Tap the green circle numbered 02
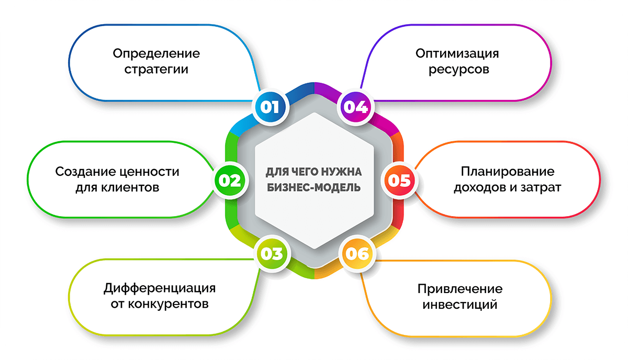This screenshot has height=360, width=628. (229, 180)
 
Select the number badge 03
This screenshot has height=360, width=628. (271, 254)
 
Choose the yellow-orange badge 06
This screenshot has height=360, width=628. (357, 254)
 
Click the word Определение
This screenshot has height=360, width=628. (156, 54)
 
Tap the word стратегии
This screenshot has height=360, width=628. (156, 69)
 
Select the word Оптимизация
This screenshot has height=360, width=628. (457, 53)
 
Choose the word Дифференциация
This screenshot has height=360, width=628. (160, 289)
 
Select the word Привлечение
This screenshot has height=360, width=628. (460, 289)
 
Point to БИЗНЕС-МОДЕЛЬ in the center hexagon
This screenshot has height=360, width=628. (313, 187)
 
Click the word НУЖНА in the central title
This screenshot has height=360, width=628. (342, 172)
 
